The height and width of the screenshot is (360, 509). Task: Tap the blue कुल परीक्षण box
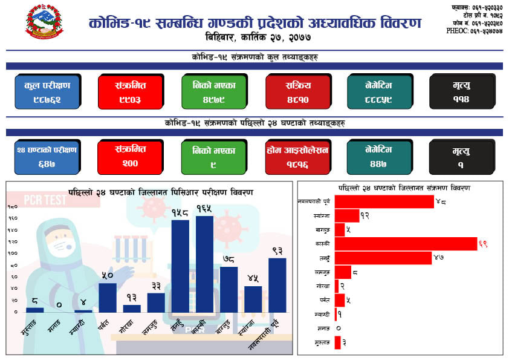tap(48, 91)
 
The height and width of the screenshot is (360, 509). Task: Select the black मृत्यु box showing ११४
tap(462, 91)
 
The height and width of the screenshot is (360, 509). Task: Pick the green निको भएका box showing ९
tap(214, 157)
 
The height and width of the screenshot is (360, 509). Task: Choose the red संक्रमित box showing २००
tap(131, 157)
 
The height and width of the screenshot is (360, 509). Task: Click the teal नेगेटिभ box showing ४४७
tap(379, 157)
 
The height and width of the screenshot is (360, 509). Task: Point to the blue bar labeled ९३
tap(277, 285)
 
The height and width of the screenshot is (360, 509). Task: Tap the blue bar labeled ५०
tap(108, 297)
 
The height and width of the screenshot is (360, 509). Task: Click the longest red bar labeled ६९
tap(406, 243)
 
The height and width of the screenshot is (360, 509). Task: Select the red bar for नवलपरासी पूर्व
tap(384, 201)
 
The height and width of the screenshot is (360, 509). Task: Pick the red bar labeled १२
tap(347, 215)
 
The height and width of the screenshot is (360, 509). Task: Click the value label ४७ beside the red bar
tap(439, 258)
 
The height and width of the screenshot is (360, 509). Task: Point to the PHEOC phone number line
tap(475, 30)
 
